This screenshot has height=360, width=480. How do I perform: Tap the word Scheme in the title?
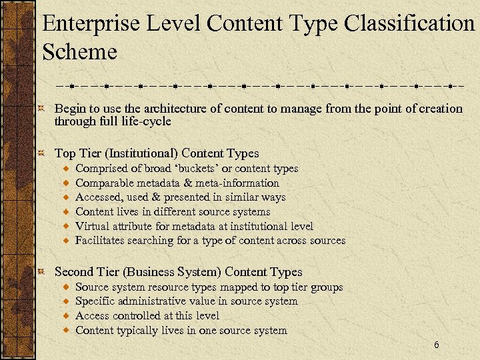[x=79, y=52]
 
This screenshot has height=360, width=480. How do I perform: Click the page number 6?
[x=436, y=345]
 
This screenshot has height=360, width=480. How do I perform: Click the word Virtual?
[x=93, y=226]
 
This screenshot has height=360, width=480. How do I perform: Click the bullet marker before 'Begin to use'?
[x=42, y=109]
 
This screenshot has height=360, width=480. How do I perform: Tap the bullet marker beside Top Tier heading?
[x=42, y=153]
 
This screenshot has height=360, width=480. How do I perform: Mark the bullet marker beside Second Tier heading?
[x=42, y=272]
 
